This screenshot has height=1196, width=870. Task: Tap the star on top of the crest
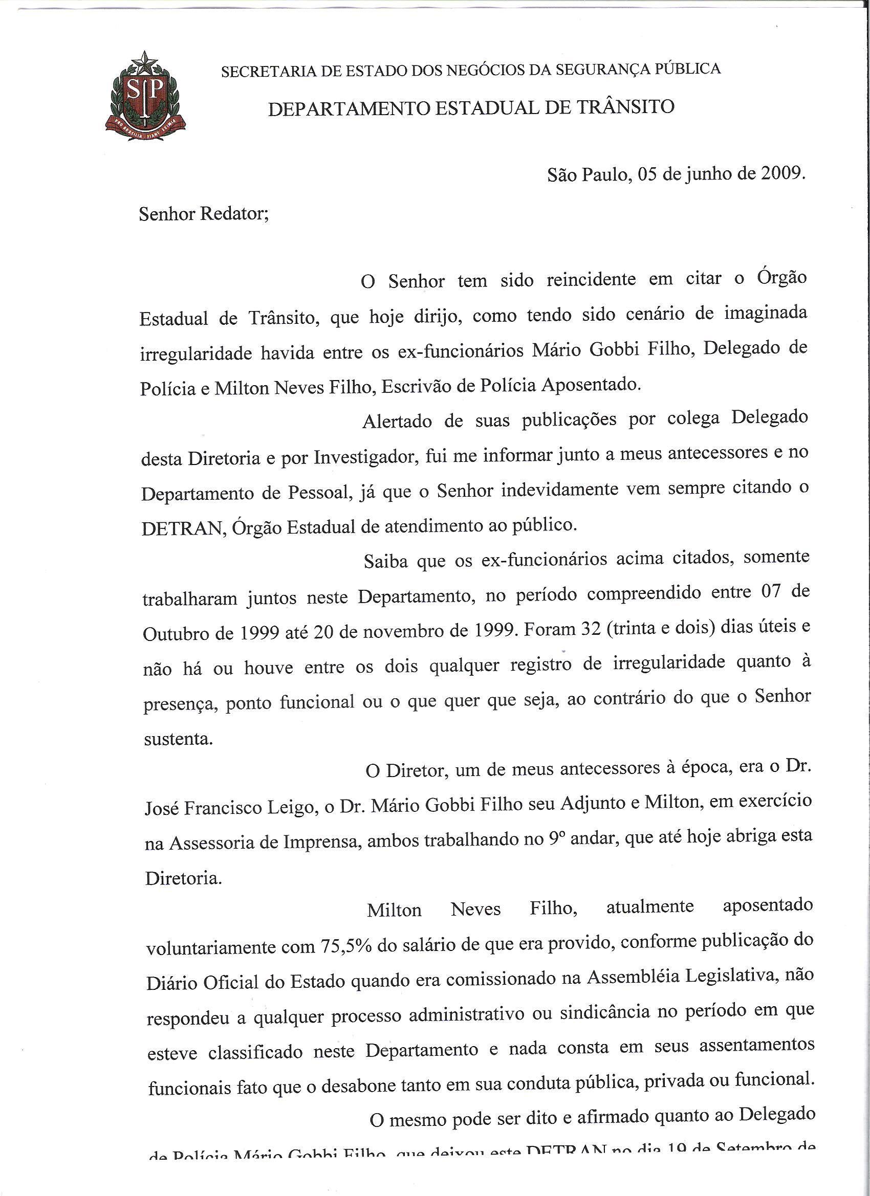point(146,64)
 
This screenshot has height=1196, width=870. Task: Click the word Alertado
point(396,422)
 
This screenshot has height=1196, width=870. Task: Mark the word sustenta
point(178,739)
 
